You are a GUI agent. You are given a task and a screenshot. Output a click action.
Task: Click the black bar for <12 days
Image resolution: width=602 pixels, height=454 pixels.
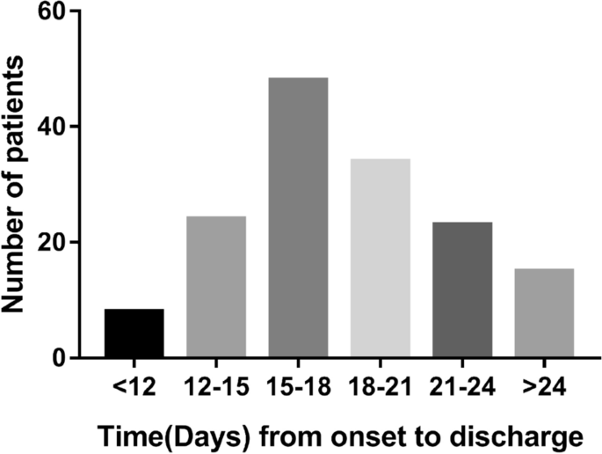134,333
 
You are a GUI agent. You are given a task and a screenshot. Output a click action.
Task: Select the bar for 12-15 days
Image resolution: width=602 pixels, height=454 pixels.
216,287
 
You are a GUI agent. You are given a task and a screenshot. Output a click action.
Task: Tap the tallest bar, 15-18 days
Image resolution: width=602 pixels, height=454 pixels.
299,217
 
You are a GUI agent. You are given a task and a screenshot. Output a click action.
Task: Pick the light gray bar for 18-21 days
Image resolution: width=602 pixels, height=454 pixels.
381,258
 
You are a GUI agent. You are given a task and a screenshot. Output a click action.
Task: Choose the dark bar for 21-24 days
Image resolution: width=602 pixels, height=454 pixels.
463,290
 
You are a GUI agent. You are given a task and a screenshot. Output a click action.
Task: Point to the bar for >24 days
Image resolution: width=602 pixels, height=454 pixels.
545,313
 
